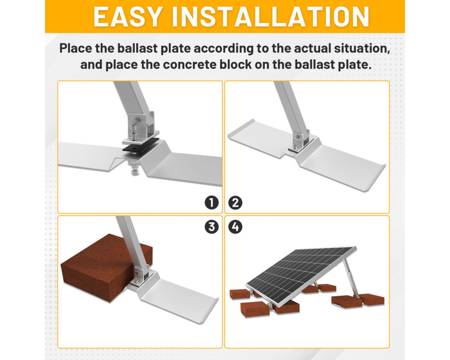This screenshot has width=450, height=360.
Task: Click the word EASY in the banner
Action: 128,17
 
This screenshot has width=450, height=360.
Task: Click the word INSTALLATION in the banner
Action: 271,17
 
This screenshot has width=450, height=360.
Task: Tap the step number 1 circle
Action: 212,202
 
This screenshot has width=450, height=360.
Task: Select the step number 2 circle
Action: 235,202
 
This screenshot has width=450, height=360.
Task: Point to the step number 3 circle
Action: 212,227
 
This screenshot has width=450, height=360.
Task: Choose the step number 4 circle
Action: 235,227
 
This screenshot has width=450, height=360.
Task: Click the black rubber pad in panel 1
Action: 141,148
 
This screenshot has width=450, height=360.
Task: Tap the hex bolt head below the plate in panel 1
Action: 135,172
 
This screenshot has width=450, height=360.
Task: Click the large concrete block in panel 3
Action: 106,267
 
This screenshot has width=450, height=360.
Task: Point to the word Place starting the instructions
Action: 76,48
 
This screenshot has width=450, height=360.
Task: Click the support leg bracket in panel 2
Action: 300,142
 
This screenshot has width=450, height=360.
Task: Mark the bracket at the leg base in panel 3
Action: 141,277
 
